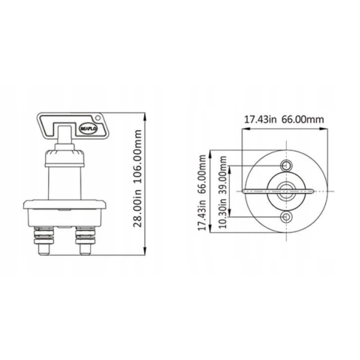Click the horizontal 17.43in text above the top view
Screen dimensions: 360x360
click(x=260, y=119)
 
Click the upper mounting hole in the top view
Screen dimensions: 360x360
click(x=287, y=166)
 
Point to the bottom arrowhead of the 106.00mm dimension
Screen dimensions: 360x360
click(x=146, y=253)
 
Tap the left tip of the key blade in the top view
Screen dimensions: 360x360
click(x=245, y=192)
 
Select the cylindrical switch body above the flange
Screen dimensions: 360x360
click(x=64, y=183)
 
